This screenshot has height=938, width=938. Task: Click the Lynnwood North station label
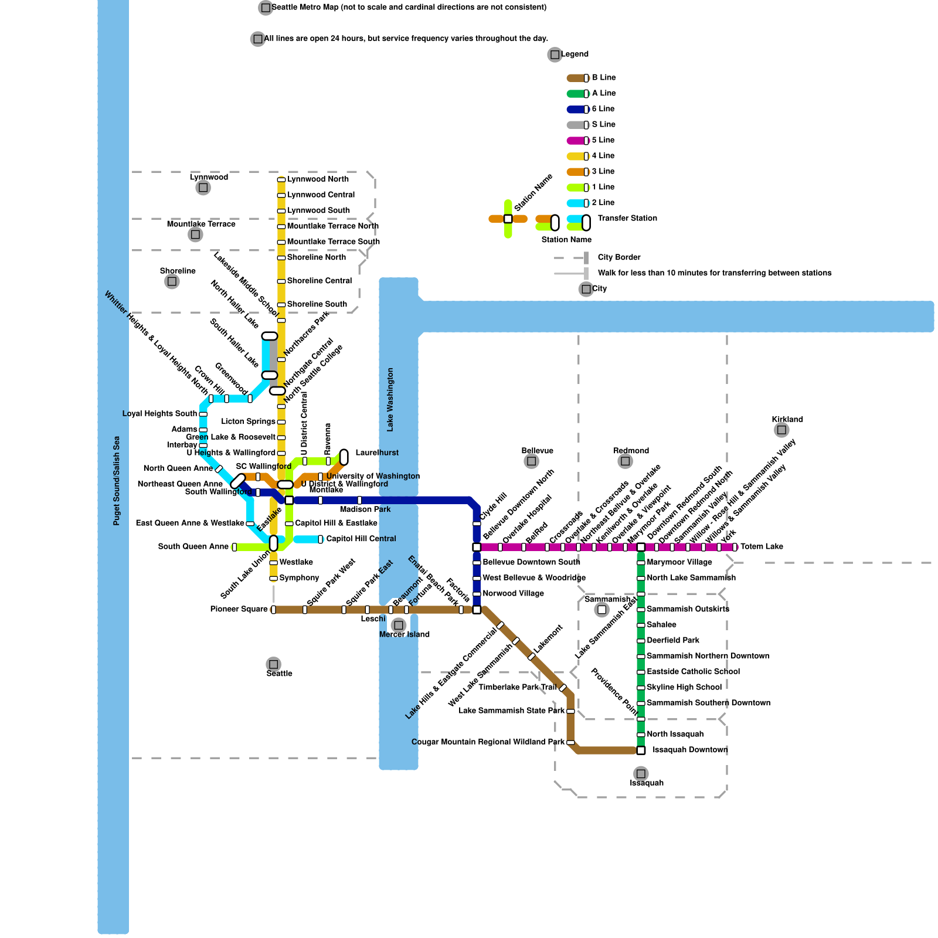point(318,179)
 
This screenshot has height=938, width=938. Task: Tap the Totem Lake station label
point(762,547)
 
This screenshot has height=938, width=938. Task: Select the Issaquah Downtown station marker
point(641,750)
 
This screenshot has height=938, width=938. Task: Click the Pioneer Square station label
point(239,610)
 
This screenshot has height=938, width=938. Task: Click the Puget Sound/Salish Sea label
point(117,481)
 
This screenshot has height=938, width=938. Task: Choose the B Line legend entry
point(604,78)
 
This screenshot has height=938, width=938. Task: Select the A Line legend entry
point(604,94)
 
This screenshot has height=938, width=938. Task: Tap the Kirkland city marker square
point(781,430)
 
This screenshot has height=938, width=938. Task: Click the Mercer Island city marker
point(399,625)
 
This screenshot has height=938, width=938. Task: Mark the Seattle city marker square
point(273,664)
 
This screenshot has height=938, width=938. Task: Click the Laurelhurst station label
point(377,453)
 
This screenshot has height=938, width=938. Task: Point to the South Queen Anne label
point(193,547)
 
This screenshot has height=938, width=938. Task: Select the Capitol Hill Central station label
point(361,539)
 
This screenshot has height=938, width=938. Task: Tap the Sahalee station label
point(661,625)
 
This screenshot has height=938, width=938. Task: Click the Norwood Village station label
point(513,594)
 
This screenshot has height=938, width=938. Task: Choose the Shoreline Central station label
point(319,281)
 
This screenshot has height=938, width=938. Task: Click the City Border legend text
point(619,258)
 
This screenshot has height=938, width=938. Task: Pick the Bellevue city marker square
point(531,461)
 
